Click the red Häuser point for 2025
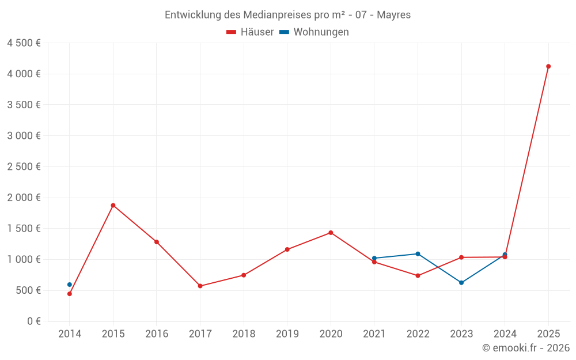[x=548, y=66]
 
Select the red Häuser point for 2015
[x=113, y=205]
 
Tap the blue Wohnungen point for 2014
[x=70, y=285]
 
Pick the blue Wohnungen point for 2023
[x=461, y=283]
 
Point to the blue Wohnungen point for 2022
[x=418, y=253]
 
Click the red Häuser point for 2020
[x=331, y=233]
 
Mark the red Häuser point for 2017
[x=200, y=286]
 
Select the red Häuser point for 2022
[x=418, y=275]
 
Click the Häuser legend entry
[x=250, y=32]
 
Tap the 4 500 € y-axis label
[x=24, y=43]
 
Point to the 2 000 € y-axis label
[x=24, y=198]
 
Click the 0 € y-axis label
[x=32, y=321]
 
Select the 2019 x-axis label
[x=287, y=334]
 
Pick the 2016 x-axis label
[x=157, y=334]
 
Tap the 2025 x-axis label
[x=548, y=334]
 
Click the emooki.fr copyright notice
[x=525, y=348]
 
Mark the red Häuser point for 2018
[x=244, y=275]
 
